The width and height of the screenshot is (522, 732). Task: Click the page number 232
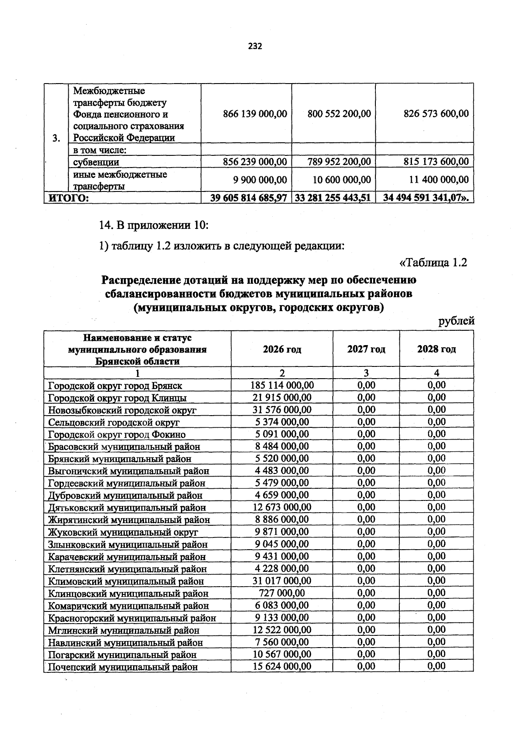tap(255, 46)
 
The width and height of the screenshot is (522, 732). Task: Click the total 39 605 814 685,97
tap(248, 198)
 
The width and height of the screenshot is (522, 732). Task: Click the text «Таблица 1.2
tap(433, 263)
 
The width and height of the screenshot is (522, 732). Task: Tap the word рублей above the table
tap(456, 322)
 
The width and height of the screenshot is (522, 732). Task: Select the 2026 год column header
tap(282, 349)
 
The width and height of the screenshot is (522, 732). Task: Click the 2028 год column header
tap(436, 349)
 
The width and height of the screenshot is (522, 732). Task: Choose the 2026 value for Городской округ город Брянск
tap(282, 385)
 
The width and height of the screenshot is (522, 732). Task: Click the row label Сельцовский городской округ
tap(114, 422)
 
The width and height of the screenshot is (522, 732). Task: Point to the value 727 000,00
tap(282, 593)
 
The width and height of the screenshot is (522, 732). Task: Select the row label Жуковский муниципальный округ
tap(123, 532)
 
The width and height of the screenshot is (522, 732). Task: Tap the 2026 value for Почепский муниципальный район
tap(282, 667)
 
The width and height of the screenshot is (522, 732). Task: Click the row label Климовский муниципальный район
tap(126, 581)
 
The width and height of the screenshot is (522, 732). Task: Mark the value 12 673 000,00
tap(282, 507)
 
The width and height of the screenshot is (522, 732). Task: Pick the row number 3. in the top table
tap(56, 138)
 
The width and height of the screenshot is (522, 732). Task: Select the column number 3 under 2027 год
tap(366, 373)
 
